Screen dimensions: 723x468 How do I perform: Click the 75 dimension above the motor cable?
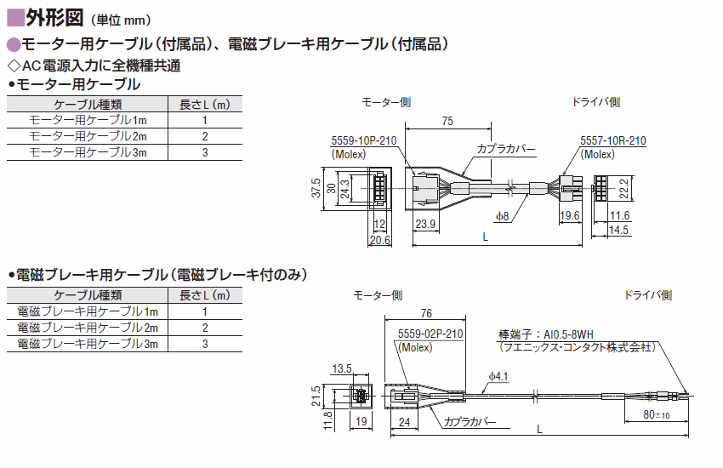[x=447, y=121]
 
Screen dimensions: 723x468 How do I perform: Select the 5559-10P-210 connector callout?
[x=364, y=140]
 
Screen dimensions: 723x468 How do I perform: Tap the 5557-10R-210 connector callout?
[x=612, y=140]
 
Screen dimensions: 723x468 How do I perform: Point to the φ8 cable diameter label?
[x=502, y=216]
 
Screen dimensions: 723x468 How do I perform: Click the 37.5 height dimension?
[x=316, y=188]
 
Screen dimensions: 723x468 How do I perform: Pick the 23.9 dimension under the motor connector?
[x=425, y=224]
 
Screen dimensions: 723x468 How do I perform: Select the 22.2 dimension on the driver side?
[x=623, y=189]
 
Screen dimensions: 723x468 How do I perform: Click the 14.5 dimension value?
[x=618, y=230]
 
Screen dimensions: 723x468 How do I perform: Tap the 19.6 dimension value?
[x=569, y=215]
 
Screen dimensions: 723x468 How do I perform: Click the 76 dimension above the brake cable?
[x=426, y=313]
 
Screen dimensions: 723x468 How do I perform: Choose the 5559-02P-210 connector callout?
[x=430, y=334]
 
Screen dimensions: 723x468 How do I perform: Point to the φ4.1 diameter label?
[x=498, y=377]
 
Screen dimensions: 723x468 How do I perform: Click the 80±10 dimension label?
[x=656, y=415]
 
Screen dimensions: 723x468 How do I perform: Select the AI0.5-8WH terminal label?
[x=568, y=334]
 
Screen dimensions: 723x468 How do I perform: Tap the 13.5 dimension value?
[x=342, y=368]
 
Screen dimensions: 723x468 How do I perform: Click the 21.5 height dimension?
[x=316, y=396]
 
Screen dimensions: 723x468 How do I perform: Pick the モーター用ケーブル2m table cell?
[x=88, y=136]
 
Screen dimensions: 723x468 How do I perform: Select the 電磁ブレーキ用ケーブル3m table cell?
[x=88, y=344]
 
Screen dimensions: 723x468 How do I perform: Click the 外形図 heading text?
[x=54, y=18]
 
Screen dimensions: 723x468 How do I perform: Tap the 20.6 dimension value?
[x=380, y=240]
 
